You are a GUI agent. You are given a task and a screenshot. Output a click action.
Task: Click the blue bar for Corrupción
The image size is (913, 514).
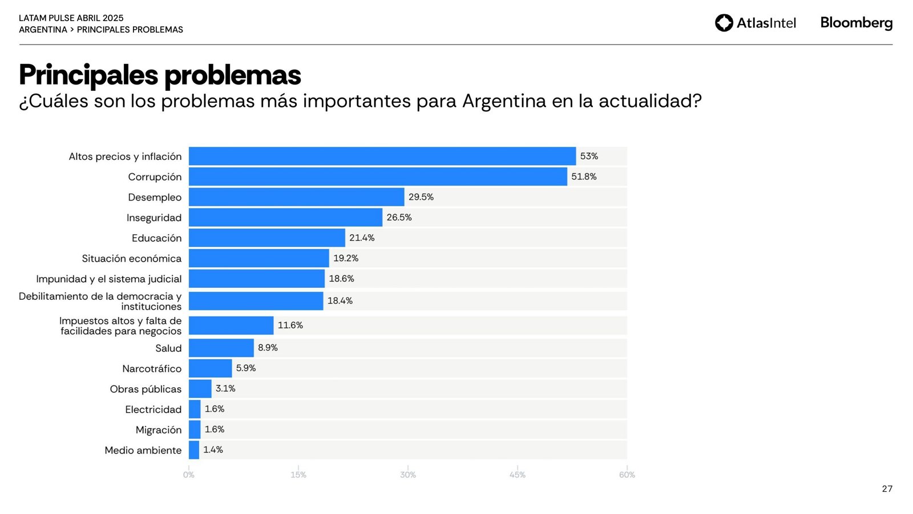coord(378,176)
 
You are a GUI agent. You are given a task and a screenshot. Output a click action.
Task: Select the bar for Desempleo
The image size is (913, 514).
coord(296,197)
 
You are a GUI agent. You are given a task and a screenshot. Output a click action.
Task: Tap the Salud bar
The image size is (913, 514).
coord(221,348)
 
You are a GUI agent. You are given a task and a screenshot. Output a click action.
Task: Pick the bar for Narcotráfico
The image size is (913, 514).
coord(210,368)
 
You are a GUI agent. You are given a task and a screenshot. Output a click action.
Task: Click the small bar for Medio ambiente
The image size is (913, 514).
coord(194,450)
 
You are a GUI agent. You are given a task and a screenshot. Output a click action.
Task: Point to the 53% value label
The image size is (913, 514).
coord(589,156)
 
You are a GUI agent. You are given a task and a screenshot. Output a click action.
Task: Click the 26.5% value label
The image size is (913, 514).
coord(399,218)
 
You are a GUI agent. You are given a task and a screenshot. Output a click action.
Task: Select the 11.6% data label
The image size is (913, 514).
coord(290,326)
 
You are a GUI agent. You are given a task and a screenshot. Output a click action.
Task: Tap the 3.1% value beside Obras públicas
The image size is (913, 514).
coord(225,388)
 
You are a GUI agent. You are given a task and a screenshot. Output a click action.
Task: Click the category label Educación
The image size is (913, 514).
coord(156,238)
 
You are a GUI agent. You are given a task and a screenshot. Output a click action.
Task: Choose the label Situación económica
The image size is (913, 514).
coord(131,259)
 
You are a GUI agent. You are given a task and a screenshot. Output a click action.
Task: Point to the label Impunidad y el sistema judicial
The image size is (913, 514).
coord(108,279)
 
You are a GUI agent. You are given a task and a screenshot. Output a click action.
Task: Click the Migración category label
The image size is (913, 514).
coord(158,430)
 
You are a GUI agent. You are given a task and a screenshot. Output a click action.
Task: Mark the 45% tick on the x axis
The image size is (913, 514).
coord(517,475)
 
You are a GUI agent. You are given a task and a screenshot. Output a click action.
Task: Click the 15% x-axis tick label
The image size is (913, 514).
coord(298,475)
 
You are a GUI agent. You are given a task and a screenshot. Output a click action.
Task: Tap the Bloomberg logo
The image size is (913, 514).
coord(856,23)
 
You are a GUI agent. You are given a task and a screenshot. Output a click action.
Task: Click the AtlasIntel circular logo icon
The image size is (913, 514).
coord(724,23)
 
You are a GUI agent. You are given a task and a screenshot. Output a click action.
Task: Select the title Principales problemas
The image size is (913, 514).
coord(160,75)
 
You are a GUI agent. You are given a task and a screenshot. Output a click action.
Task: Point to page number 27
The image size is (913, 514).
coord(887,489)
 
